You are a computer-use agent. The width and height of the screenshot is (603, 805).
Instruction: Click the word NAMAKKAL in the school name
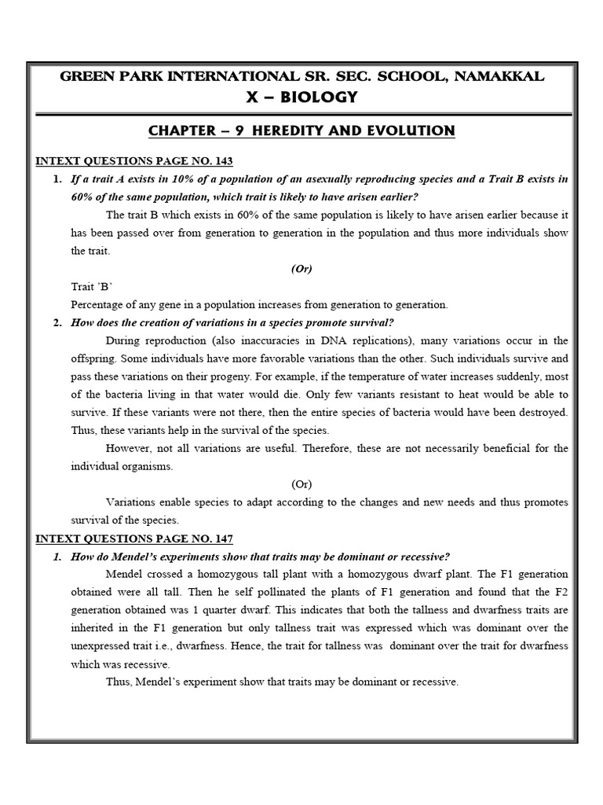click(x=497, y=76)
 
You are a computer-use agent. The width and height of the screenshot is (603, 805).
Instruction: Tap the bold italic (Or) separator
click(x=301, y=268)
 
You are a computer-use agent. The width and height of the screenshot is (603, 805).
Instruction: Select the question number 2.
click(x=57, y=322)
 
